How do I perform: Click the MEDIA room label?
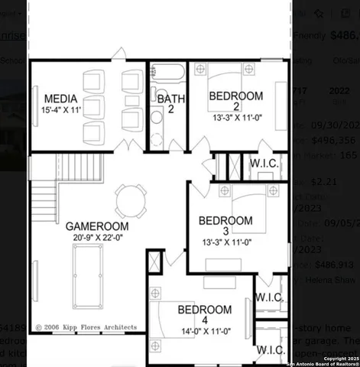tap(60, 99)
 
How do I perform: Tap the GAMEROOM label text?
tap(96, 226)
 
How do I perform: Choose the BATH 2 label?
tap(167, 103)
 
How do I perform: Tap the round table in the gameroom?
tap(129, 202)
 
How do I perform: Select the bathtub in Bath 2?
tap(166, 76)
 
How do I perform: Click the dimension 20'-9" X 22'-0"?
tap(96, 238)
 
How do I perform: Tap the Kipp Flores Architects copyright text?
tap(86, 326)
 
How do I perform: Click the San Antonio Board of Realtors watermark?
tap(316, 361)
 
